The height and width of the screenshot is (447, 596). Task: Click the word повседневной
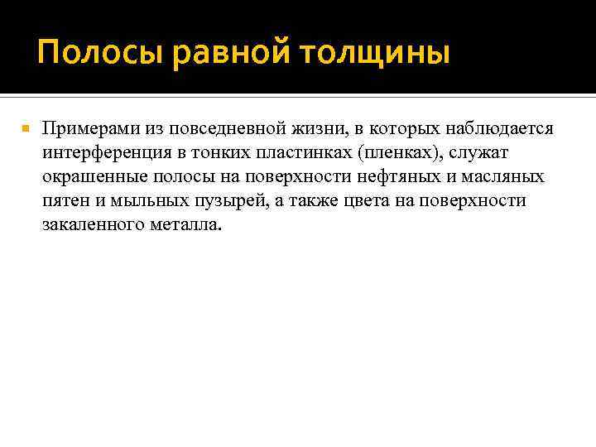click(232, 129)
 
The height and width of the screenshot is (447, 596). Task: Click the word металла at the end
click(188, 225)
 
